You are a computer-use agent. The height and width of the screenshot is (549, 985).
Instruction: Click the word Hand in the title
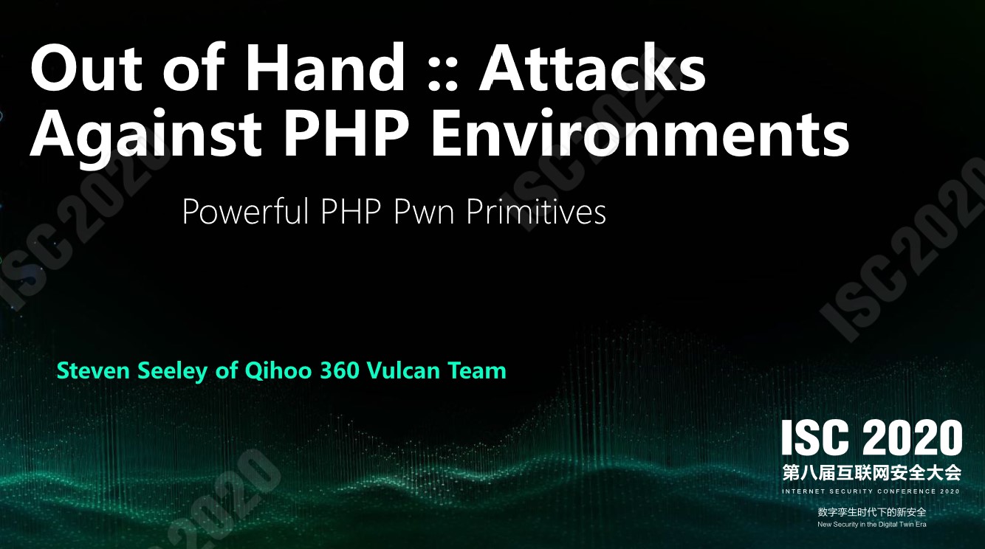pos(324,67)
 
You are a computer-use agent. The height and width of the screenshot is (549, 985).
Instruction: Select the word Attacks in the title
pos(592,67)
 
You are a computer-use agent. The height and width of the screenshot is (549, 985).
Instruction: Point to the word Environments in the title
pos(640,132)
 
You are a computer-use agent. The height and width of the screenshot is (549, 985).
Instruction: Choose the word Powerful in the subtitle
pos(245,212)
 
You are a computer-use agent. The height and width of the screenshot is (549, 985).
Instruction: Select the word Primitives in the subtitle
pos(535,212)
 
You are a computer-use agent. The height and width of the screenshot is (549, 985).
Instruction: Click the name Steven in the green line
pos(93,370)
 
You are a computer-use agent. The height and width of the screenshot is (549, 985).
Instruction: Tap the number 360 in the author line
pos(337,370)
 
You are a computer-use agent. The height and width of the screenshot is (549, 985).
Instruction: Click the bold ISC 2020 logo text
pos(872,438)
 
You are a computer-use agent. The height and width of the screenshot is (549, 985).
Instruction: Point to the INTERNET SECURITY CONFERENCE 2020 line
pos(871,491)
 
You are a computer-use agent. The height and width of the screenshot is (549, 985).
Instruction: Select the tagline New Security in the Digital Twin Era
pos(872,525)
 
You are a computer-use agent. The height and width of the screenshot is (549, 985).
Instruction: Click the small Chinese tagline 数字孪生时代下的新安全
pos(872,512)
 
